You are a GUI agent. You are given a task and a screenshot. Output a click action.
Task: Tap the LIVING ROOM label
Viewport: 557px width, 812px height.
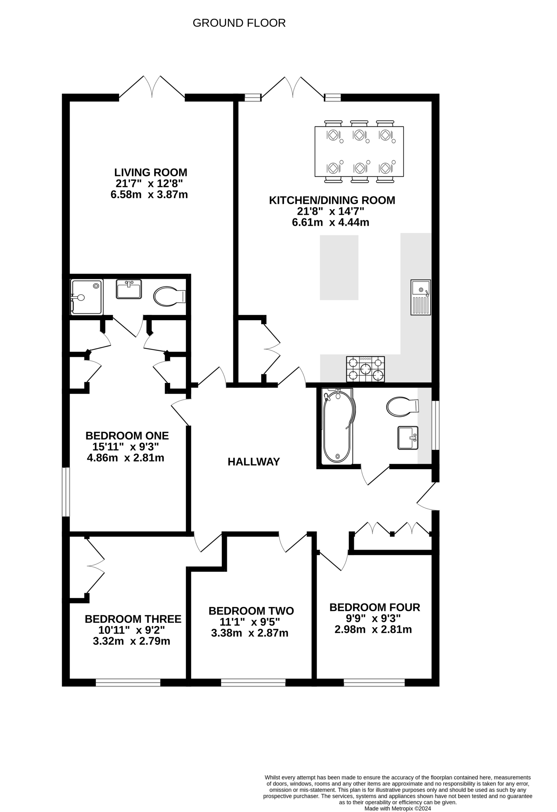(151, 172)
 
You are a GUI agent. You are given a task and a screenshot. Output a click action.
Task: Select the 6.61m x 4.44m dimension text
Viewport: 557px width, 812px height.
(330, 222)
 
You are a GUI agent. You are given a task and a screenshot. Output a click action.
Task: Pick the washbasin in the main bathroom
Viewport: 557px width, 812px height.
(408, 438)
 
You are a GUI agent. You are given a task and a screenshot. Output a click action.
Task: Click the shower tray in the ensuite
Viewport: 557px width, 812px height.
(87, 297)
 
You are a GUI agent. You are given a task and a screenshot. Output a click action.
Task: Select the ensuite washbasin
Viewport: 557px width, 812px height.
(129, 289)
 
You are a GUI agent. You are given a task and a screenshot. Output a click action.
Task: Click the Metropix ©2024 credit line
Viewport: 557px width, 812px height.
(398, 809)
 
